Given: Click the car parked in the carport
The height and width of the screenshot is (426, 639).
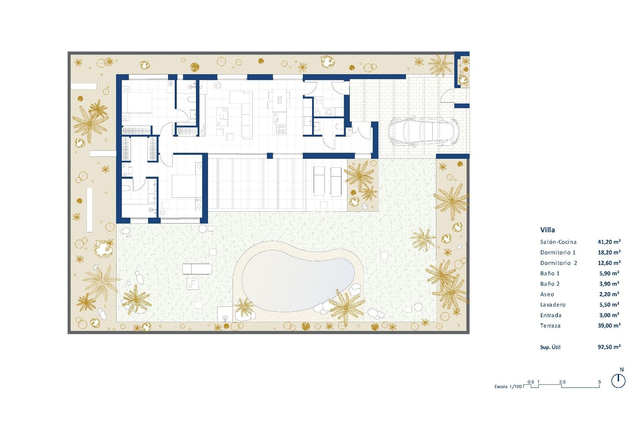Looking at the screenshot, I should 423,131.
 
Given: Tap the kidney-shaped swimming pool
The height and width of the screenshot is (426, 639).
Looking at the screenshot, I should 298,280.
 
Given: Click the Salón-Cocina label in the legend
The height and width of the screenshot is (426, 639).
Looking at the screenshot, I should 558,242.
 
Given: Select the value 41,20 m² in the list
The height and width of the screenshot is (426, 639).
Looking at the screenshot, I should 609,242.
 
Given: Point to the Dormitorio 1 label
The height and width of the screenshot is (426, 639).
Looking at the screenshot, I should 558,253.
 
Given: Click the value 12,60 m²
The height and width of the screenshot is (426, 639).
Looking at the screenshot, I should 609,263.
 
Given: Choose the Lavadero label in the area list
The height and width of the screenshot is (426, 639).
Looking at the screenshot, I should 553,305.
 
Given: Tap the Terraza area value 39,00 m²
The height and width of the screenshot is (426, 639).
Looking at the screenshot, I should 609,325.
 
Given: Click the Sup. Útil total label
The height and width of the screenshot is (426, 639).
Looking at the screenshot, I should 550,347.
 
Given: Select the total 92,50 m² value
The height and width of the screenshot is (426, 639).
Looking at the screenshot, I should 609,347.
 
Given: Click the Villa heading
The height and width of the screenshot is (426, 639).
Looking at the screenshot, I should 547,230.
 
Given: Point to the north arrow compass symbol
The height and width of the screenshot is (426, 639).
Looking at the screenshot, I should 618,381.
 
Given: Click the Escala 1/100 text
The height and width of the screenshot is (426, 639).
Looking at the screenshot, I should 508,387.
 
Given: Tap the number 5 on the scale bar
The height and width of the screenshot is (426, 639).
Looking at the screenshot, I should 599,382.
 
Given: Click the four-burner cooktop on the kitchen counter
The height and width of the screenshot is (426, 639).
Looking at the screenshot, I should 281,128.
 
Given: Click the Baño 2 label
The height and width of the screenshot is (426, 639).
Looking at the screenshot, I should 550,284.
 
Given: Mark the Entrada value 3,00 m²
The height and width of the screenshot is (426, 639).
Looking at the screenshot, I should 609,315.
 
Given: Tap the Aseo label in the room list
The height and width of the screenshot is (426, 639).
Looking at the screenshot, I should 547,295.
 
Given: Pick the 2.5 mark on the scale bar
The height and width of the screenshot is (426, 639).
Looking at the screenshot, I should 562,382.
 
